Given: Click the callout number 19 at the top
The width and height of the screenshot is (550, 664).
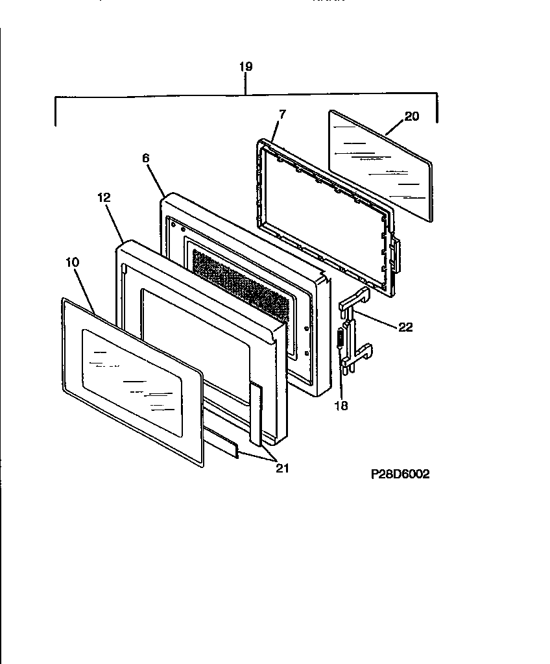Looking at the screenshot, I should click(x=245, y=67).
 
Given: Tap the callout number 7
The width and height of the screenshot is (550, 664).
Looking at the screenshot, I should click(x=281, y=114).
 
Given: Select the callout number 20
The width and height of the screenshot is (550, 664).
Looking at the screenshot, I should click(x=412, y=117).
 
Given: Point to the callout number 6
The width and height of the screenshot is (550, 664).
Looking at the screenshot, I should click(x=145, y=158).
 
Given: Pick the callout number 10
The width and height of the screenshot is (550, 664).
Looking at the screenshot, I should click(x=72, y=262).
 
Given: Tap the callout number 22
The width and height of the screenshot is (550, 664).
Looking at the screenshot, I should click(x=405, y=328).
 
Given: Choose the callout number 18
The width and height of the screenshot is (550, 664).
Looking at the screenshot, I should click(x=341, y=406).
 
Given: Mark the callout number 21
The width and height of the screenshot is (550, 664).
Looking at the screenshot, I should click(x=282, y=468).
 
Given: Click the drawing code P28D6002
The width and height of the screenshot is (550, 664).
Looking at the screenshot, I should click(x=400, y=474).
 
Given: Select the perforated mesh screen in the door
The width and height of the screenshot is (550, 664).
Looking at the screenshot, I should click(x=240, y=286).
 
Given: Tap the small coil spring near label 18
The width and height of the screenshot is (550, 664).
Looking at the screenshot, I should click(x=339, y=343).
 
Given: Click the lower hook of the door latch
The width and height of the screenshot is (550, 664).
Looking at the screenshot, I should click(x=364, y=352).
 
